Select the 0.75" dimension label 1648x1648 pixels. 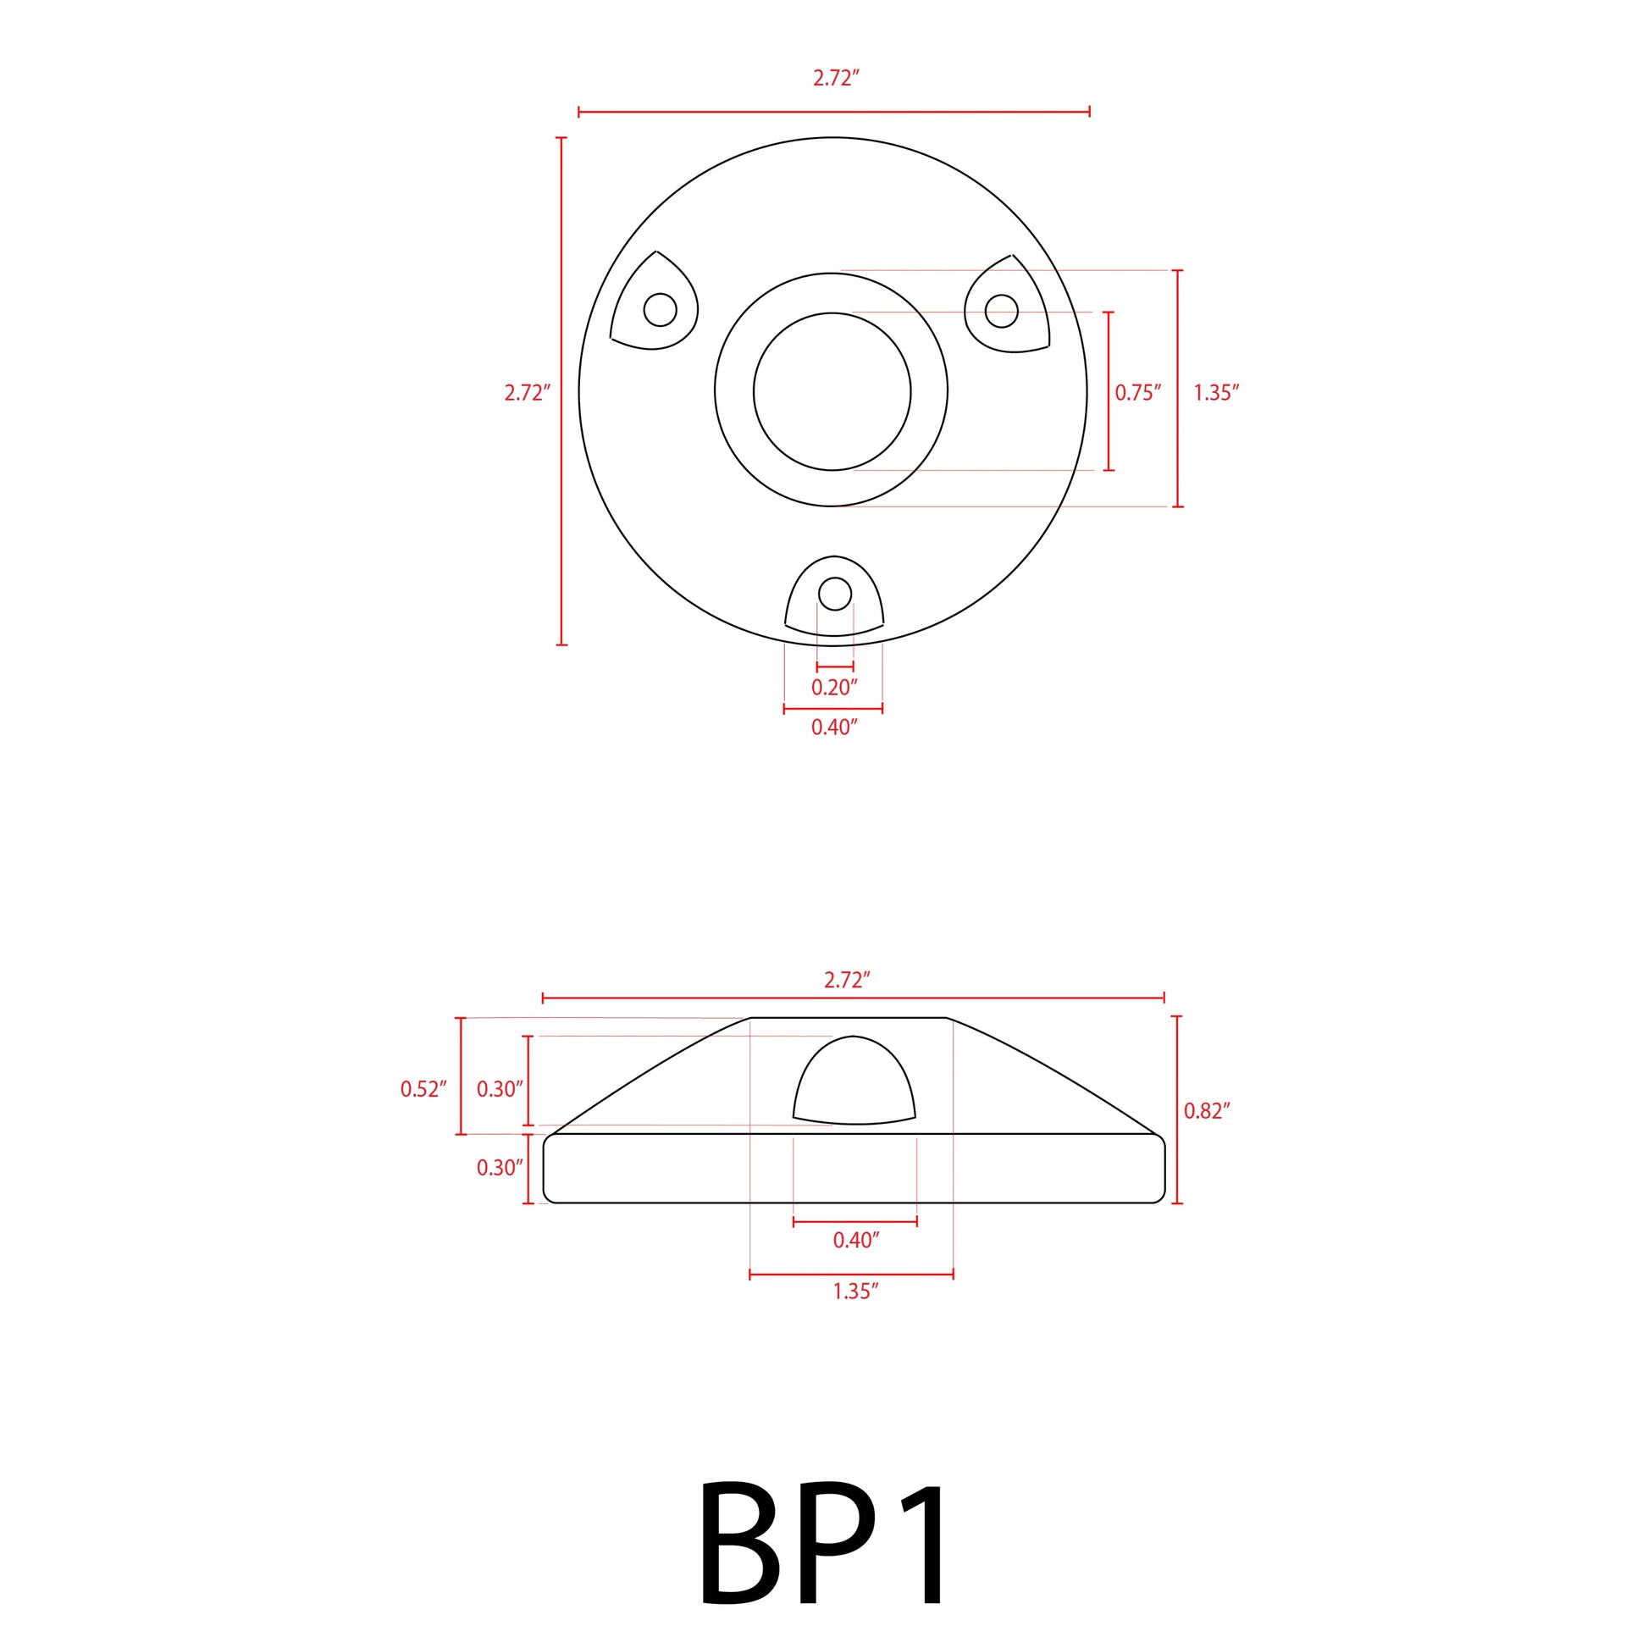[x=1138, y=392]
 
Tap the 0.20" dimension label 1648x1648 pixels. [x=833, y=688]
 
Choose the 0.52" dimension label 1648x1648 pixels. [x=423, y=1089]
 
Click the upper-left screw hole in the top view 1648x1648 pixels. [x=661, y=310]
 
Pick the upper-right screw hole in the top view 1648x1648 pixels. [x=1002, y=312]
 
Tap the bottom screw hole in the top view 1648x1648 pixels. [x=834, y=594]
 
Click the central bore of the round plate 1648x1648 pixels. [x=832, y=391]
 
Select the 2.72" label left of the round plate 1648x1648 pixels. [x=527, y=392]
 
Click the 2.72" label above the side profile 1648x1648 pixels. [x=847, y=980]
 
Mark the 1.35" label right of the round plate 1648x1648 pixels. [x=1215, y=392]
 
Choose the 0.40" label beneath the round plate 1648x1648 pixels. [x=833, y=727]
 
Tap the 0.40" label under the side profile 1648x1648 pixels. [x=855, y=1241]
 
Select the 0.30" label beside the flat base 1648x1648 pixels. [x=500, y=1168]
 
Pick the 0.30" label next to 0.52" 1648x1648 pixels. [x=500, y=1089]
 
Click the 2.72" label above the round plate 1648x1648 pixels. [x=836, y=79]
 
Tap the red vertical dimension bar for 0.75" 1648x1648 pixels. [x=1109, y=391]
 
